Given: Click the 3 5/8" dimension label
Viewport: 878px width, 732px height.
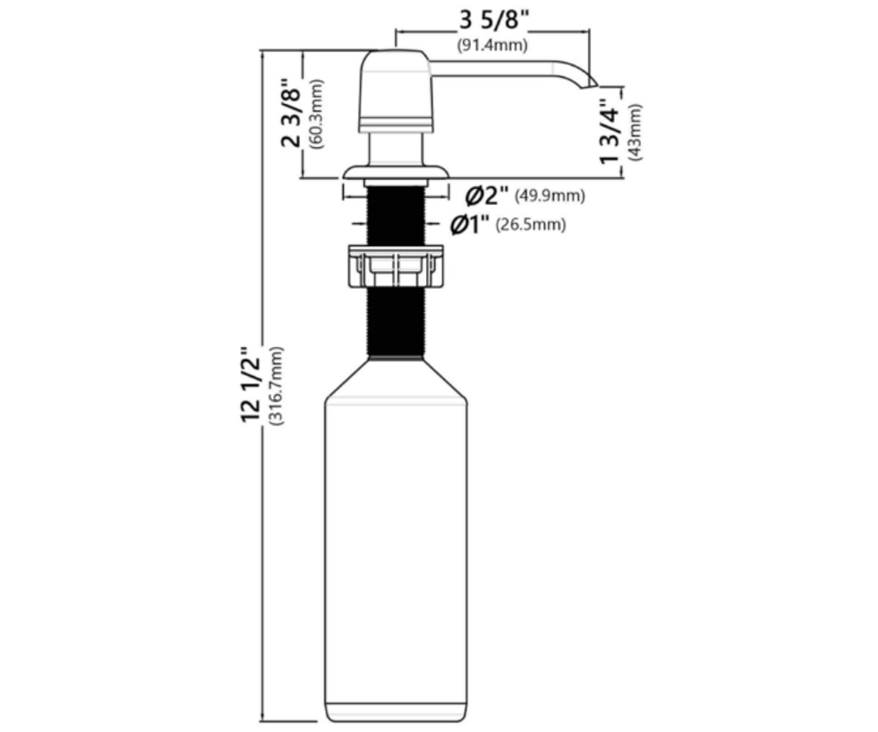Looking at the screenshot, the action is pos(494,20).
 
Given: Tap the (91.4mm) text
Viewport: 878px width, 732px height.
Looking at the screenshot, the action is pos(492,45).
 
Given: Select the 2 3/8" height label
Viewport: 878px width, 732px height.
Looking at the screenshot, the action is pos(291,113).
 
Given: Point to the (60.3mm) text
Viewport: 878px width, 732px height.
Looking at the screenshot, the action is pos(316,114).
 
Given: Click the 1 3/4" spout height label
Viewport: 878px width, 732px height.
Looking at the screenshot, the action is pos(609,131).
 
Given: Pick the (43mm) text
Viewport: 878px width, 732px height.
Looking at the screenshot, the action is pos(634,132).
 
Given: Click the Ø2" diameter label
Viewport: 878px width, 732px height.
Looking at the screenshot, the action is pos(487,195).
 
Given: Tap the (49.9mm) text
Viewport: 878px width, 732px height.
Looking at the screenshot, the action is pos(550,196).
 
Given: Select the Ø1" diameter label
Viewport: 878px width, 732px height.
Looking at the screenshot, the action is pos(470,225).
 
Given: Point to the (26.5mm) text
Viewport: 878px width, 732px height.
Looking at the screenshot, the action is pos(530,225).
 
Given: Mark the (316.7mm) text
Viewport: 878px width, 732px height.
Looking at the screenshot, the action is pos(277,386).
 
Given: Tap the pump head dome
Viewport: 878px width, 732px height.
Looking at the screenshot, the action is pos(396,91).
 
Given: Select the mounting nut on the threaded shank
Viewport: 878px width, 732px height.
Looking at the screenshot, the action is pos(395,266).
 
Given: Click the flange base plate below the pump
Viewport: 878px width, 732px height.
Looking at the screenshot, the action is pos(396,173).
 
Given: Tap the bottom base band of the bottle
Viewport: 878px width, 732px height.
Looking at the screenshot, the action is pos(396,699).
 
